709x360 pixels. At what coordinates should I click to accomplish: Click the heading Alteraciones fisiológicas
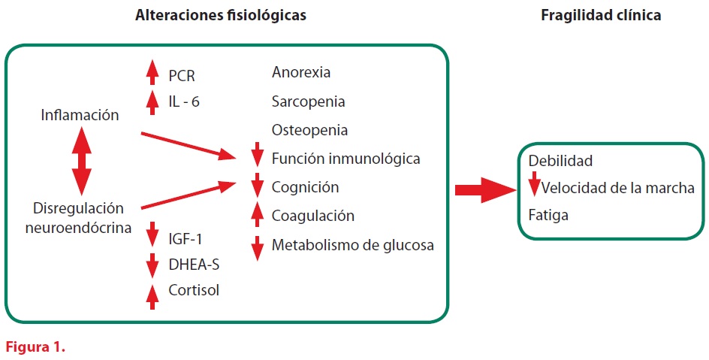click(220, 15)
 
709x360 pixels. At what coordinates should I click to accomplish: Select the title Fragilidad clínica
click(601, 15)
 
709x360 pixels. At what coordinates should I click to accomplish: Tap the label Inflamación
click(80, 115)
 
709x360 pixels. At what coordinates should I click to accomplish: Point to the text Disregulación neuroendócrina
click(79, 216)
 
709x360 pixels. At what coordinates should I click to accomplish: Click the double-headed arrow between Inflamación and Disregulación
click(81, 162)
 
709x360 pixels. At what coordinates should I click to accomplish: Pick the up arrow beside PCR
click(152, 73)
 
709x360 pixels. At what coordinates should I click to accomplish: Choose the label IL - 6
click(185, 101)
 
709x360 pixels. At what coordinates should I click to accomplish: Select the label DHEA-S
click(193, 265)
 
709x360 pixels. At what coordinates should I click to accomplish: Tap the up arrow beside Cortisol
click(152, 295)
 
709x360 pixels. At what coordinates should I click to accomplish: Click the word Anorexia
click(301, 73)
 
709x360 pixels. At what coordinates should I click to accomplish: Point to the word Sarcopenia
click(309, 101)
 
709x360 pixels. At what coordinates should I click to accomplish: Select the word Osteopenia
click(309, 130)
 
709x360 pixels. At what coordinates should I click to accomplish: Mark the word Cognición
click(305, 187)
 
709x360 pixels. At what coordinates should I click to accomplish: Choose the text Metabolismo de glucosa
click(353, 244)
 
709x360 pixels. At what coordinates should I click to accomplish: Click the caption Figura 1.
click(36, 347)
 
